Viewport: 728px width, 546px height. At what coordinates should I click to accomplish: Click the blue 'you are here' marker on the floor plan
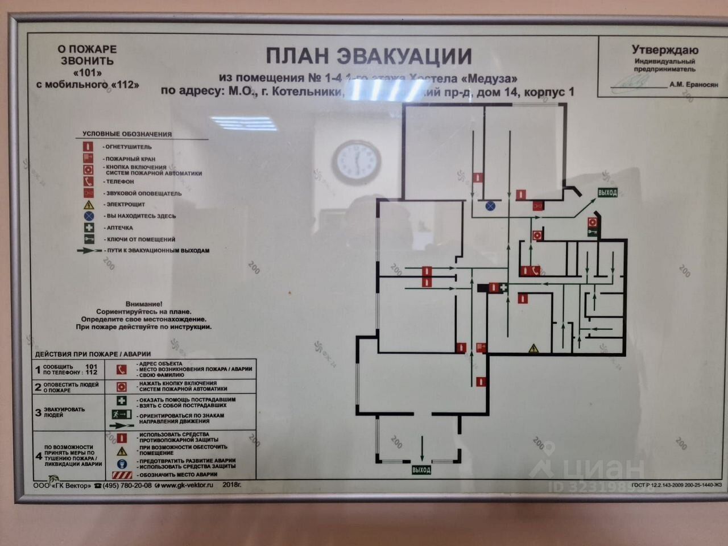(x=490, y=205)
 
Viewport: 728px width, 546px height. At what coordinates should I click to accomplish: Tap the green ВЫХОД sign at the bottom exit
(x=421, y=470)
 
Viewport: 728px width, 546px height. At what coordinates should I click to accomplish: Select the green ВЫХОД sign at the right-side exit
(x=607, y=193)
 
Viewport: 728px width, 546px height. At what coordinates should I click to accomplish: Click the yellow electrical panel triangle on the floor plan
(x=533, y=348)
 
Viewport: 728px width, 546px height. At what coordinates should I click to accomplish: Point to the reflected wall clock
(x=357, y=162)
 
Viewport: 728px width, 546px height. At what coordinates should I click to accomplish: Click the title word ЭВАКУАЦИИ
(x=405, y=56)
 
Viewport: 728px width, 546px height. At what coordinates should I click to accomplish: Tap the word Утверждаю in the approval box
(x=665, y=50)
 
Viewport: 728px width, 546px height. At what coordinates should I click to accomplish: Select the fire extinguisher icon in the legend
(x=88, y=147)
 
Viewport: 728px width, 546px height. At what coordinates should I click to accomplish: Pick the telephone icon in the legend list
(x=88, y=181)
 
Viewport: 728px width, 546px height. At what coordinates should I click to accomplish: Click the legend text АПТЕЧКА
(x=120, y=227)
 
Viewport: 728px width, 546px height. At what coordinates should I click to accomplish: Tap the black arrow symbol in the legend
(x=89, y=250)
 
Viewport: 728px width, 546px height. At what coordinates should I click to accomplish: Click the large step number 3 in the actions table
(x=38, y=412)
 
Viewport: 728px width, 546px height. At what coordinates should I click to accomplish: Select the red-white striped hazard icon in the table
(x=122, y=475)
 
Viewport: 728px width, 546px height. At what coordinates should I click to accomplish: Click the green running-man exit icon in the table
(x=122, y=414)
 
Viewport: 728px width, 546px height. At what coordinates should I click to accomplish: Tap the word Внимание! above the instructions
(x=144, y=304)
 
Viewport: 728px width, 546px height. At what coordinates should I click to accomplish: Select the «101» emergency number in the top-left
(x=88, y=73)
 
